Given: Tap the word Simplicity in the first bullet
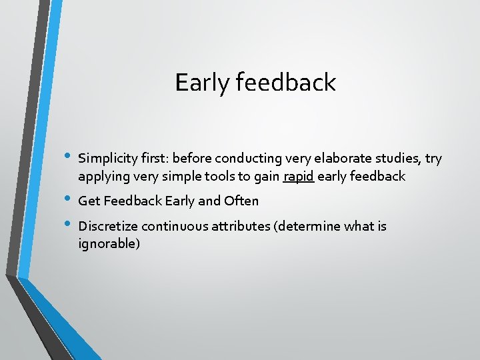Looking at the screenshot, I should (107, 159).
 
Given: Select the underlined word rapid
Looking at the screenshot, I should (295, 177).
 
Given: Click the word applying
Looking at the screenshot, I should (102, 177).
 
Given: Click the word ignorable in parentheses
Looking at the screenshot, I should (109, 244).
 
